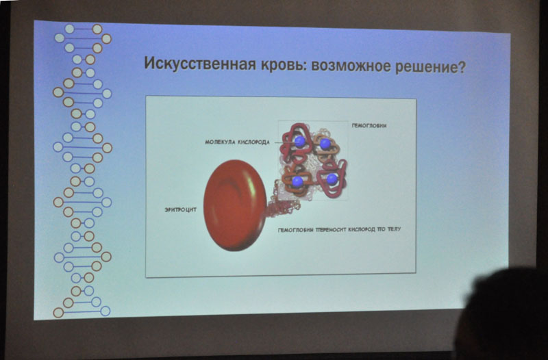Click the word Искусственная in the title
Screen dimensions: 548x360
click(200, 64)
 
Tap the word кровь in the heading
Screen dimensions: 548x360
click(283, 64)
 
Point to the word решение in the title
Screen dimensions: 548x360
click(427, 66)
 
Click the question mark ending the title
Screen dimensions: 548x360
click(462, 66)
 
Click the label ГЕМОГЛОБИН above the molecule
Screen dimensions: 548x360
click(369, 126)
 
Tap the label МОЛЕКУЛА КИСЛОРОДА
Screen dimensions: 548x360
click(237, 142)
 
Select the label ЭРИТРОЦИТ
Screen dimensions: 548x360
click(181, 210)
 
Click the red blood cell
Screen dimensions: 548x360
click(234, 205)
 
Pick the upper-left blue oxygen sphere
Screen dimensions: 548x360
click(299, 142)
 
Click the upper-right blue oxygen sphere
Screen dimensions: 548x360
click(325, 144)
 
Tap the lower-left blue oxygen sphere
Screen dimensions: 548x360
click(297, 181)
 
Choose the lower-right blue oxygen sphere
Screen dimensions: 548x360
click(332, 179)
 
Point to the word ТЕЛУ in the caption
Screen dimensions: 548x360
click(394, 229)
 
